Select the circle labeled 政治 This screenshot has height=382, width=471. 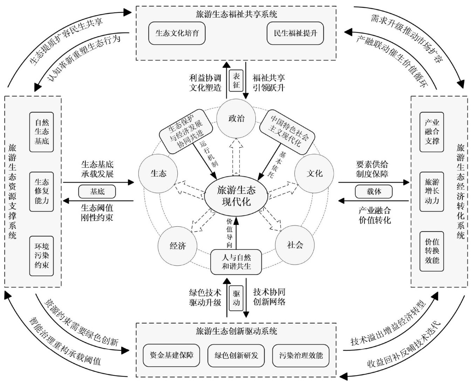[x=236, y=118]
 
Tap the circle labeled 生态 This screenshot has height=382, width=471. [x=158, y=173]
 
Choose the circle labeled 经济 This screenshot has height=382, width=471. [x=177, y=246]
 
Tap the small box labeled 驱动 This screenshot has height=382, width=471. [x=237, y=298]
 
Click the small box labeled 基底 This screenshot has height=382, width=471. [x=97, y=191]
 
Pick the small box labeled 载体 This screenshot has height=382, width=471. [x=374, y=191]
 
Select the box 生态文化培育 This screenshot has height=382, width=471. [x=177, y=33]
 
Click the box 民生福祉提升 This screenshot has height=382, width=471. [x=295, y=33]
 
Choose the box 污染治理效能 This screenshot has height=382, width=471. [x=301, y=355]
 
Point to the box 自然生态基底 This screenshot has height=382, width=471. [x=42, y=132]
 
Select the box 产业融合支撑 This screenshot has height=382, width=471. [x=432, y=132]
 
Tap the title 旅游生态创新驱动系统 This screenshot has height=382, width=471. [x=237, y=331]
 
